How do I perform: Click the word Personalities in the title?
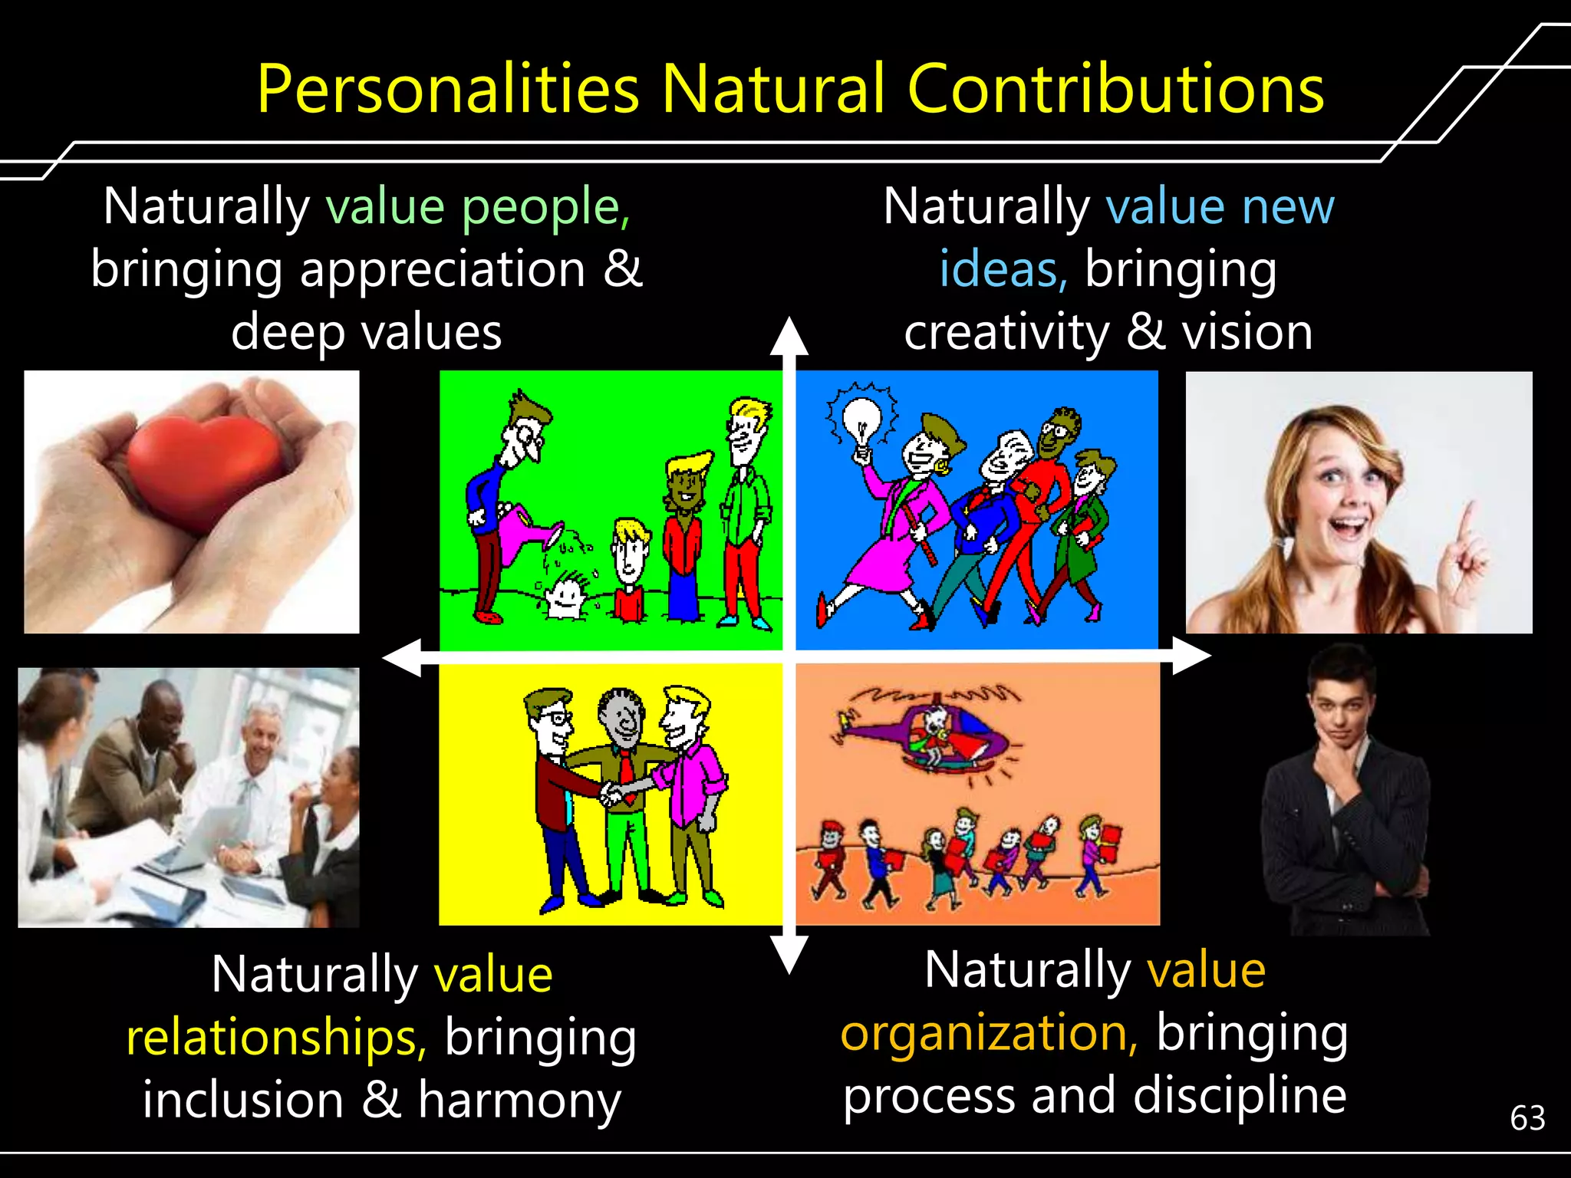point(448,90)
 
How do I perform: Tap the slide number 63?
point(1527,1118)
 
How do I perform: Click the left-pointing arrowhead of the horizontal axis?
point(402,657)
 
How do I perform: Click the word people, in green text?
point(546,207)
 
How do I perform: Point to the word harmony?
point(519,1100)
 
